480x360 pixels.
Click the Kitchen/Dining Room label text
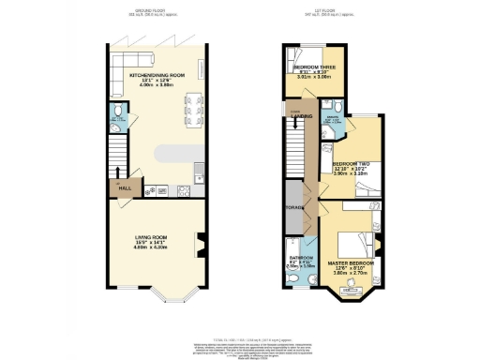pyautogui.click(x=156, y=75)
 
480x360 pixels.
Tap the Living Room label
pyautogui.click(x=156, y=238)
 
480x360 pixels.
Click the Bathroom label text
pyautogui.click(x=301, y=257)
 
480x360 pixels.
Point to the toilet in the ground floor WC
pyautogui.click(x=113, y=118)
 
